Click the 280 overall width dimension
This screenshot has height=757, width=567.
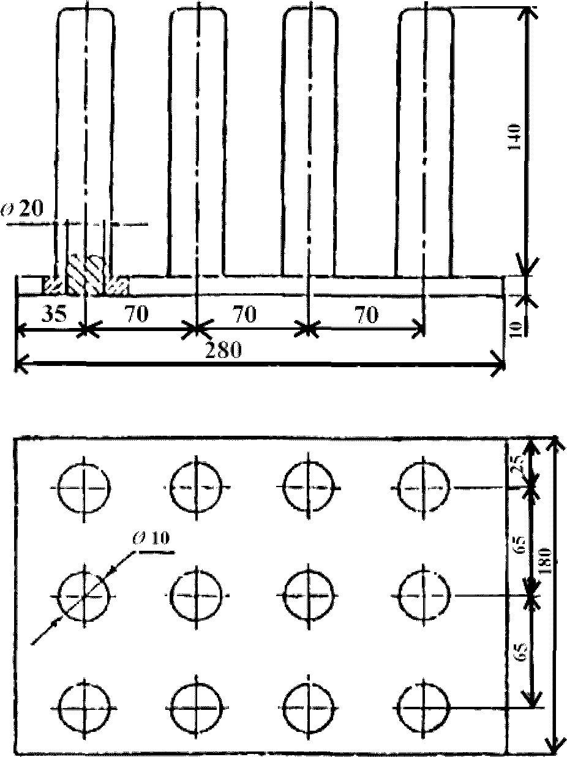coord(223,350)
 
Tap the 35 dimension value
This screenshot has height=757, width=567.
coord(54,314)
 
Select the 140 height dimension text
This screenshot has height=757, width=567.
coord(514,137)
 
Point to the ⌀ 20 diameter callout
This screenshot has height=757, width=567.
coord(23,209)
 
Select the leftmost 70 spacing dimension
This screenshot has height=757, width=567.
coord(137,313)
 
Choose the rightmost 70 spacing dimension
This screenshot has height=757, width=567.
coord(367,315)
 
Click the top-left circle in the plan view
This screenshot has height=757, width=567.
coord(84,488)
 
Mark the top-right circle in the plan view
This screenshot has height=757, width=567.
coord(424,488)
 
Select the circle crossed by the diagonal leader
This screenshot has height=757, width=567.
coord(84,595)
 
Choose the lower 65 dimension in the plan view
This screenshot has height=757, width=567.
coord(520,653)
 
